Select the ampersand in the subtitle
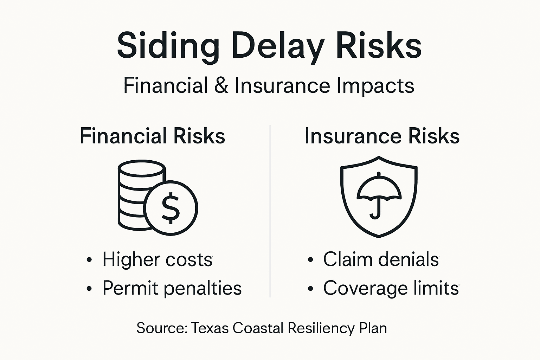coord(221,85)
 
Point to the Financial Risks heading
coord(152,136)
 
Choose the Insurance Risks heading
coord(382,136)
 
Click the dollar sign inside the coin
coord(171,208)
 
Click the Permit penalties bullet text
coord(172,288)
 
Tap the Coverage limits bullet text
coord(391,288)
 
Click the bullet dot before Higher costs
coord(89,260)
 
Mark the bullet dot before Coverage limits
coord(310,289)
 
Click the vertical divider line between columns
coord(270,211)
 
